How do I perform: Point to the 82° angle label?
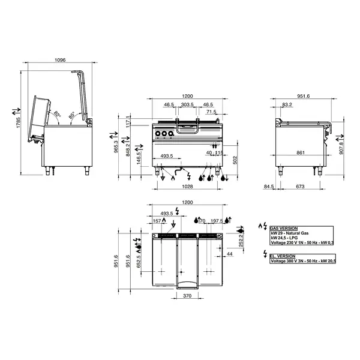coord(57,114)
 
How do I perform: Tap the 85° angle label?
coord(71,114)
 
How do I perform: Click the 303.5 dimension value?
coord(187,104)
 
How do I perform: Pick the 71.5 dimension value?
coord(211,112)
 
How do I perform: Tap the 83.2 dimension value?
coord(287,105)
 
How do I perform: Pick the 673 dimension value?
coord(299,187)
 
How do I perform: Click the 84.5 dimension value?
coord(268,187)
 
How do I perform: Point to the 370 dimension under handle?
coord(187,297)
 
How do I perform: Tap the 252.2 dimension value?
coord(242,241)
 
